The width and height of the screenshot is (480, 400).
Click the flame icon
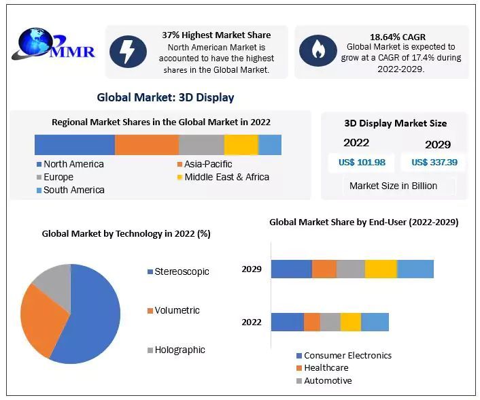[318, 50]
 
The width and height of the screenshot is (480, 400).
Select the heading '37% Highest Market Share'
[216, 35]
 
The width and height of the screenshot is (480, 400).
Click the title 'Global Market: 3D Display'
[165, 97]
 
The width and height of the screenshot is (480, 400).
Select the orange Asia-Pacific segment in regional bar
[146, 145]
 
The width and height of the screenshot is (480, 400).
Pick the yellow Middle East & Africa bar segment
[241, 145]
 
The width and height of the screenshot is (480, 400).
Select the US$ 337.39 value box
[434, 162]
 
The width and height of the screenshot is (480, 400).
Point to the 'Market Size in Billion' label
[393, 186]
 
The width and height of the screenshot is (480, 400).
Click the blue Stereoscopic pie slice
[88, 320]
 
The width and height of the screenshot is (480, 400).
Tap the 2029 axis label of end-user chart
[252, 269]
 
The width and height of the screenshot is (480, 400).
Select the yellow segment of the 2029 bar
[381, 269]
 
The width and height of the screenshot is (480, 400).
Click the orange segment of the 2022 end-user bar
[311, 322]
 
